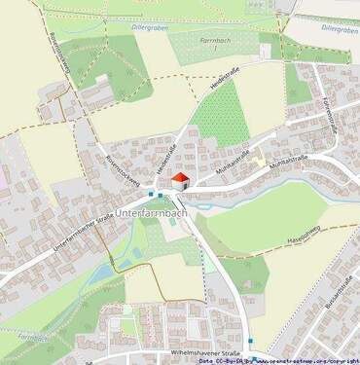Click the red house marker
[x=180, y=179]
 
